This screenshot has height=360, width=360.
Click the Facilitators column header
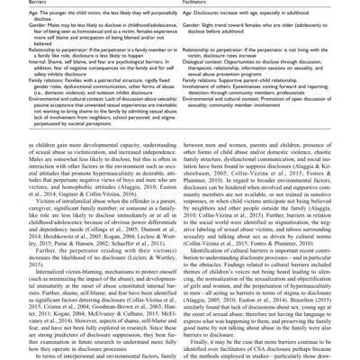click(x=202, y=4)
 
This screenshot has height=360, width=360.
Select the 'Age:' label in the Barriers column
click(x=13, y=16)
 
